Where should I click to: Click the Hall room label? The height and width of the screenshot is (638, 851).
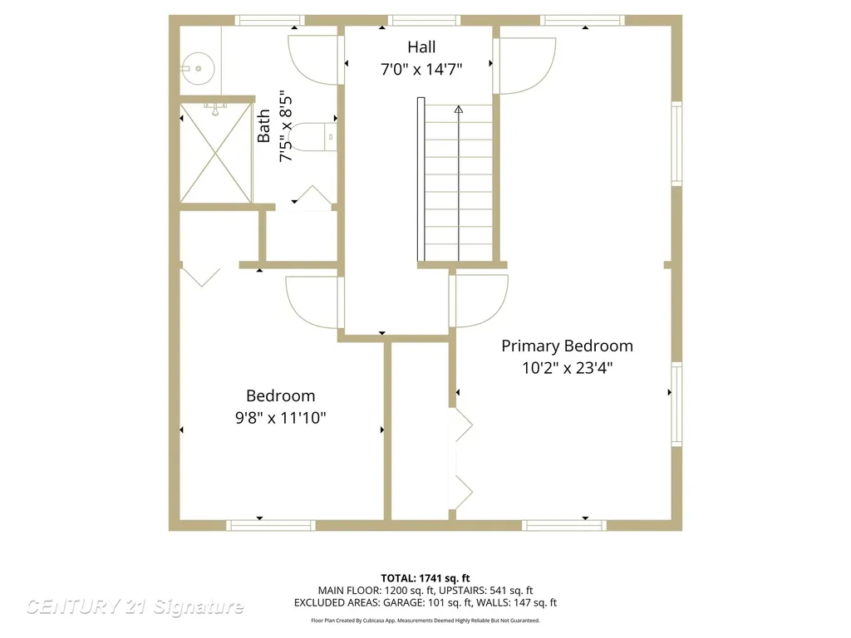(x=421, y=47)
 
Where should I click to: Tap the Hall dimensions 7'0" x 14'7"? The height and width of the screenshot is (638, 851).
(x=421, y=70)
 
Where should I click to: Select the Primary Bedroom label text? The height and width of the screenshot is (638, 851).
(x=567, y=346)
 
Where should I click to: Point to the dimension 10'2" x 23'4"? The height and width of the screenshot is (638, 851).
(x=567, y=368)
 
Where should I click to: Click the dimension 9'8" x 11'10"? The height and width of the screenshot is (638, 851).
(x=281, y=418)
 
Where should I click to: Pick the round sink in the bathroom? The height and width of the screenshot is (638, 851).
(x=198, y=68)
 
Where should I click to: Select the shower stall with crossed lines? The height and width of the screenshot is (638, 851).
(x=216, y=154)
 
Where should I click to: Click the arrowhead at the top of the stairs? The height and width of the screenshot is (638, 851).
(x=459, y=109)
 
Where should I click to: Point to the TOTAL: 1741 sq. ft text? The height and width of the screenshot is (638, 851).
(x=425, y=578)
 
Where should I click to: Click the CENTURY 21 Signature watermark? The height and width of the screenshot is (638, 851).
(x=135, y=606)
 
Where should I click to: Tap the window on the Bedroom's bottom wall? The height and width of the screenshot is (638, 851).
(x=270, y=525)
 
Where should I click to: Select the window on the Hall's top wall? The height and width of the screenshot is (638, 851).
(x=424, y=21)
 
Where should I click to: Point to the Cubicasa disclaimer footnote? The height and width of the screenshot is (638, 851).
(x=425, y=621)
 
